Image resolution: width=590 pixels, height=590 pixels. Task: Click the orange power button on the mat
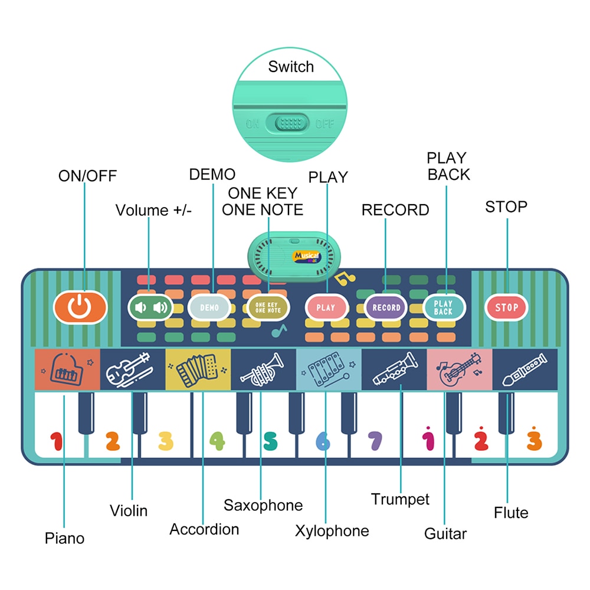80,307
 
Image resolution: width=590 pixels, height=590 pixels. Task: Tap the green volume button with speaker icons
150,307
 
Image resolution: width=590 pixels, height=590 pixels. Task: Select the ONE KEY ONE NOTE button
268,307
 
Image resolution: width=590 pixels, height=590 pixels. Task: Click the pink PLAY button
326,307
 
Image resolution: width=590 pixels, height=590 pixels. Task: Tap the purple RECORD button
386,307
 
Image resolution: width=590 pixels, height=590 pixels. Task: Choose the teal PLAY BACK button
444,307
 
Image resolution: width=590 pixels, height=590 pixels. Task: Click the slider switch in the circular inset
287,124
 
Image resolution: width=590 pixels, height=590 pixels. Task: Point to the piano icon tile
67,370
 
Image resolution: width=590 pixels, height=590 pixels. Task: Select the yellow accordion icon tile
198,370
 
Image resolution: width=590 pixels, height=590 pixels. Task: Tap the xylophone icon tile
328,370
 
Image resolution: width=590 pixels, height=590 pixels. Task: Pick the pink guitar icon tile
459,370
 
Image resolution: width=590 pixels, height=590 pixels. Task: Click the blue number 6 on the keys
323,441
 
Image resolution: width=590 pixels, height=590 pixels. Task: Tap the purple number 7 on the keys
375,441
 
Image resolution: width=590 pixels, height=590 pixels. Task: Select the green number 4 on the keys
218,441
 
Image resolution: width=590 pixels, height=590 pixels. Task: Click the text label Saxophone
263,505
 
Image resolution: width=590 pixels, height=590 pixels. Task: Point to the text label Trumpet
400,499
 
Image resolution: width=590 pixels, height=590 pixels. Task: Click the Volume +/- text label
153,210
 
